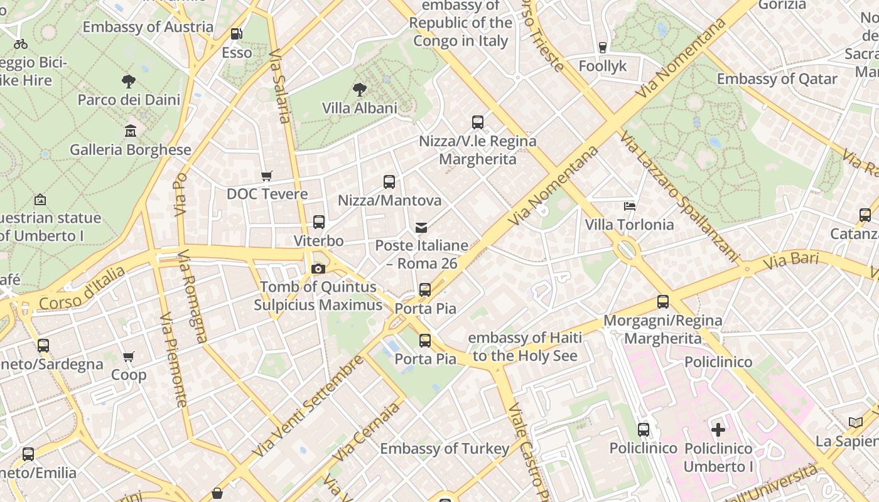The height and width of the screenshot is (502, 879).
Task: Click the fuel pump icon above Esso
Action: pos(236,34)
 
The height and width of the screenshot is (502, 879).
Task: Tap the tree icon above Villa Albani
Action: pos(360,89)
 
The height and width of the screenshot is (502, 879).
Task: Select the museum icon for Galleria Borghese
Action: pos(131,131)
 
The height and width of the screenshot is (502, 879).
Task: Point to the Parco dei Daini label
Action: pos(129,100)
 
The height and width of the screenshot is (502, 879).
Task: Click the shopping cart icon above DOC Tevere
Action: pos(267,176)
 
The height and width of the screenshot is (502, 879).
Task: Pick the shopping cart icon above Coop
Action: pos(129,356)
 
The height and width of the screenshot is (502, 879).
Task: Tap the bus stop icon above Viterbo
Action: pos(319,222)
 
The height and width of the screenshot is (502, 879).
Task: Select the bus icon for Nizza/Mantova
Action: pos(389,182)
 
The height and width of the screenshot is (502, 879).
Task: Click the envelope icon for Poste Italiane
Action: pos(421,227)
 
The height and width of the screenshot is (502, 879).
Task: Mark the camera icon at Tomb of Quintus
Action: pos(318,269)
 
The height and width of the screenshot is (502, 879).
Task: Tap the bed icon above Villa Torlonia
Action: pos(629,206)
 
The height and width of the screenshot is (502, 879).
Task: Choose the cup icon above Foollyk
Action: pos(603,47)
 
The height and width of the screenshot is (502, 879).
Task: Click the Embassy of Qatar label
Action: pos(777,79)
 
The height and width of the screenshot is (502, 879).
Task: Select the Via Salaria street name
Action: pos(280,87)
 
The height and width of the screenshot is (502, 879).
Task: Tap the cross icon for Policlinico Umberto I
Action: pos(718,430)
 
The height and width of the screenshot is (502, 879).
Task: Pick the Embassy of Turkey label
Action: pos(445,449)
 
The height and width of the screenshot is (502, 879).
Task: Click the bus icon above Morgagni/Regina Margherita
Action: pos(663,302)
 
